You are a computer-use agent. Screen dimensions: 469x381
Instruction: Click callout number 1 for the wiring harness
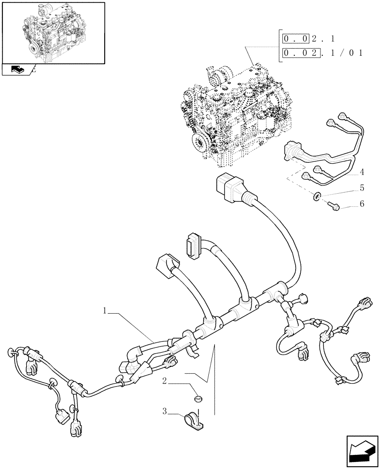tap(106, 310)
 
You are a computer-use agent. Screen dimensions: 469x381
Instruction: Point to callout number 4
tap(362, 172)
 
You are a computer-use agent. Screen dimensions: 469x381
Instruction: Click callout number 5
tap(362, 188)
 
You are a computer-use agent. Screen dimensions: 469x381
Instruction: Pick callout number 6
tap(362, 204)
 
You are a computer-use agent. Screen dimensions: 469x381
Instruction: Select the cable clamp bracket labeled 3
tap(195, 421)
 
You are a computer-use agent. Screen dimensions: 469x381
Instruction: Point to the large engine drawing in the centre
tap(235, 117)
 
